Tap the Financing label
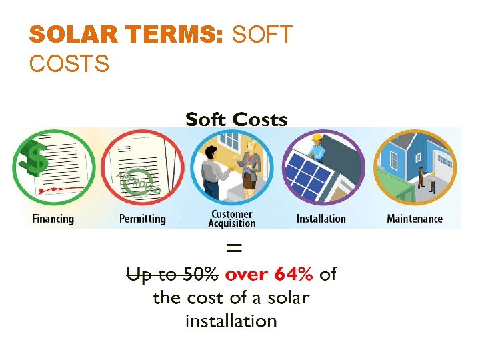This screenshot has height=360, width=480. tap(53, 219)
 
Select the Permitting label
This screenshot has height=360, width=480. tap(143, 219)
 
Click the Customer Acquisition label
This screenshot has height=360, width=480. tap(232, 219)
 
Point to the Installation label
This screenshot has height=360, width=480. tap(321, 219)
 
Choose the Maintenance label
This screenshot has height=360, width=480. tap(415, 219)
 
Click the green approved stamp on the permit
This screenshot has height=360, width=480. tap(138, 182)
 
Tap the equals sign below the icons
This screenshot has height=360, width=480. tap(235, 248)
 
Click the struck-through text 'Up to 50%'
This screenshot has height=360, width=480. tap(172, 274)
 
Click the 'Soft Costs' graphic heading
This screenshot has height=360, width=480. tap(236, 120)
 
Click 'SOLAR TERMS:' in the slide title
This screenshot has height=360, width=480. tap(127, 35)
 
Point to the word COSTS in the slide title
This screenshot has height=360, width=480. tap(69, 64)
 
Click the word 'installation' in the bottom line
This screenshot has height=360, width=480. tap(231, 321)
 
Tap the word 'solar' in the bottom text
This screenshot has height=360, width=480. tap(288, 297)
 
